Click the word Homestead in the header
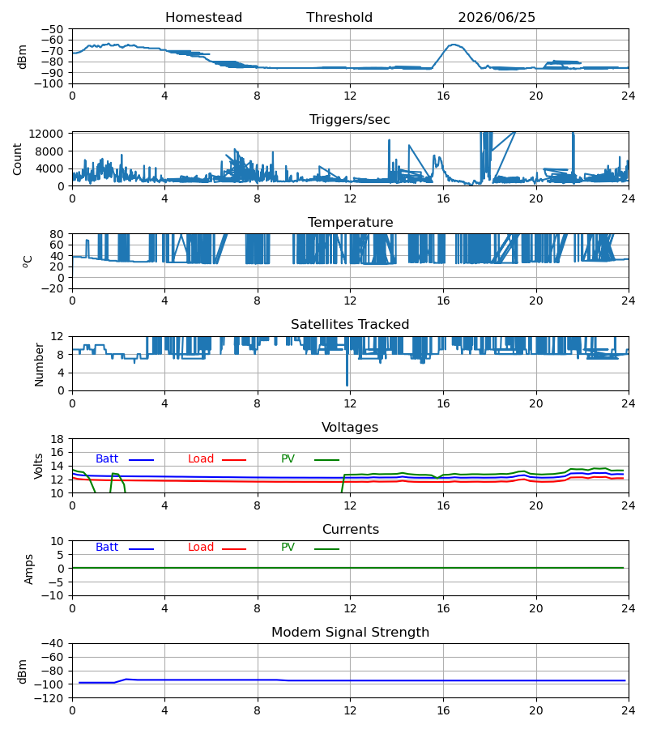(x=203, y=17)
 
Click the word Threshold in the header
(x=339, y=17)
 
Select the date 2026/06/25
(x=497, y=17)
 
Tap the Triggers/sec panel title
(x=350, y=120)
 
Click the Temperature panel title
(x=350, y=222)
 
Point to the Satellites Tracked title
(x=350, y=325)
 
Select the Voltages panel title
(x=350, y=427)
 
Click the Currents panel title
(x=351, y=530)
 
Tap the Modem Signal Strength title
(x=350, y=633)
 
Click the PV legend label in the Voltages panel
(x=288, y=459)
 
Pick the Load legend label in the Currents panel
(x=201, y=548)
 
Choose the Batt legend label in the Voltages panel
(x=107, y=459)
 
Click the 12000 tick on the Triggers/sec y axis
(x=46, y=134)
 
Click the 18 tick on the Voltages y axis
(x=58, y=439)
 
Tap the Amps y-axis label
(x=29, y=569)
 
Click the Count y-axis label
(x=17, y=159)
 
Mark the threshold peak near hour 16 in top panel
(x=454, y=45)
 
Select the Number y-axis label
(x=39, y=365)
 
